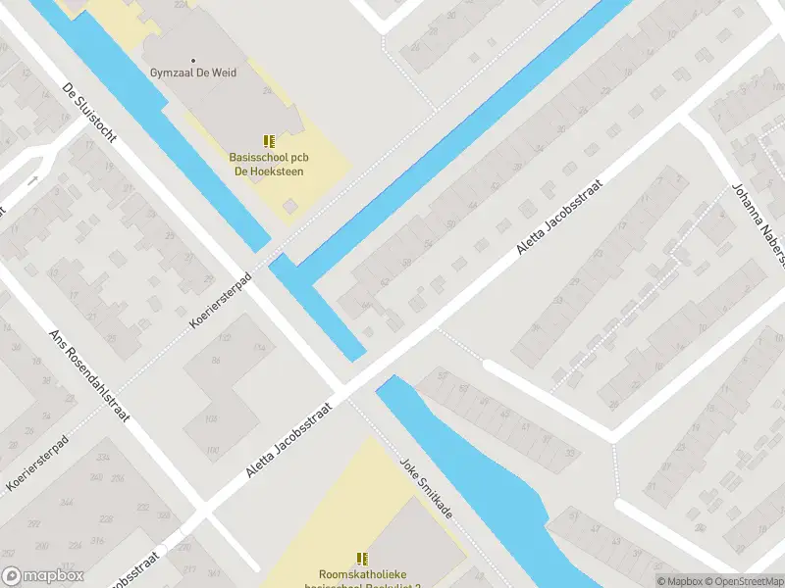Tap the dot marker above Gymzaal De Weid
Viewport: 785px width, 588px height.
(191, 60)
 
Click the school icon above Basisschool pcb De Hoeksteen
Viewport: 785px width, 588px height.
(268, 141)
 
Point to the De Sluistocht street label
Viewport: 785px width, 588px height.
(89, 113)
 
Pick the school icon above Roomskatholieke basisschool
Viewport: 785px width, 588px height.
(362, 559)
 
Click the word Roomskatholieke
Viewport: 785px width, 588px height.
(363, 574)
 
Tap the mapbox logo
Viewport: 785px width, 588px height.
(41, 577)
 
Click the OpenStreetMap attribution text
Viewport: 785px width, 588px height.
(744, 581)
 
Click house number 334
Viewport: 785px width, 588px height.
(102, 458)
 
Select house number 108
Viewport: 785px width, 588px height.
(210, 420)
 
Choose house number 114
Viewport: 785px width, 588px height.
(260, 348)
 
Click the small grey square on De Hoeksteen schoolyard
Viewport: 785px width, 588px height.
(289, 206)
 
